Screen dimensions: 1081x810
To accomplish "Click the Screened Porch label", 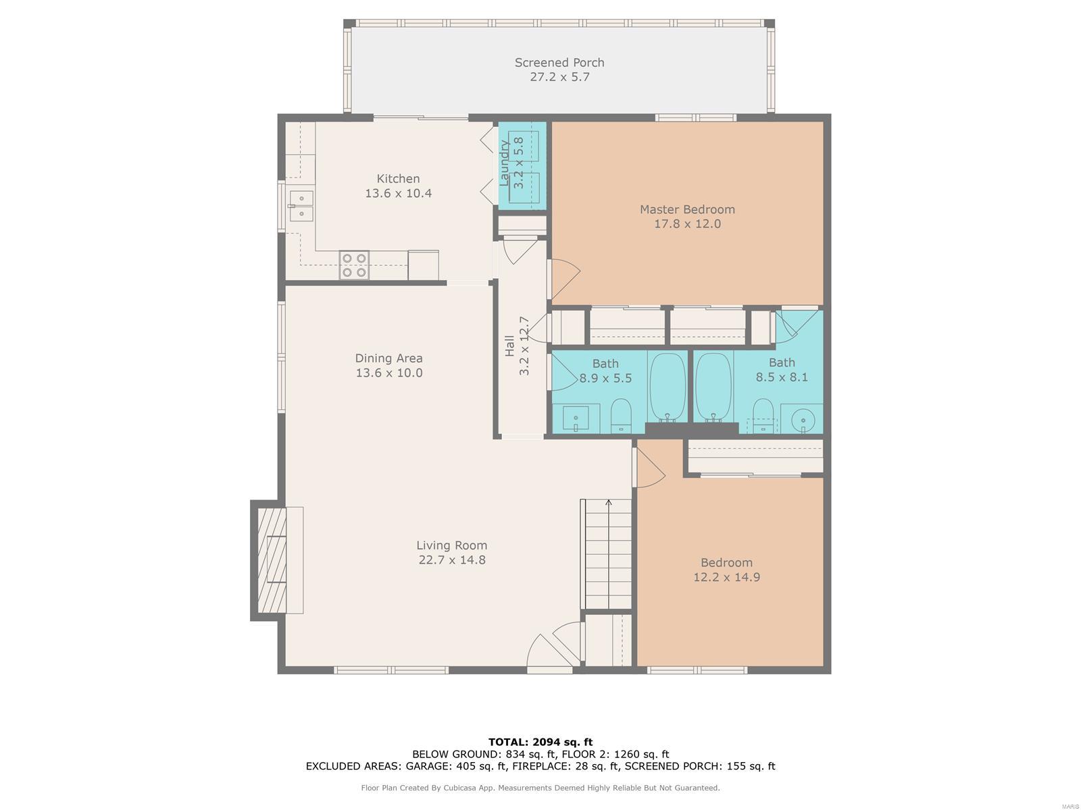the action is (559, 63).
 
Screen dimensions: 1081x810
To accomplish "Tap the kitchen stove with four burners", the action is (354, 265).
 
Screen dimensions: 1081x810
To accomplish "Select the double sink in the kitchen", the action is (301, 206).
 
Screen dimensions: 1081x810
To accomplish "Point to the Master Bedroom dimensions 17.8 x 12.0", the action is (687, 224).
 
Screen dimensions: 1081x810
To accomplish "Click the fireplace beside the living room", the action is (272, 560).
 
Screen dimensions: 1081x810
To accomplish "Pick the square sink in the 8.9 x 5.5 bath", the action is (576, 418).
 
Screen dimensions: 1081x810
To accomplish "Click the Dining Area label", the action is (388, 358).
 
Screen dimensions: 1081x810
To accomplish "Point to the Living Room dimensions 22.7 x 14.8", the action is (452, 560).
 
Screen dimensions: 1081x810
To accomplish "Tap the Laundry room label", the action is (503, 163).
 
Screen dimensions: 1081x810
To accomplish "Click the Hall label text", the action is (509, 346).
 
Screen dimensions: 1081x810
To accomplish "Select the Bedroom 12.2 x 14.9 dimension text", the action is (726, 577).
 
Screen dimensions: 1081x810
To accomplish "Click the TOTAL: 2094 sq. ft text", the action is (540, 742).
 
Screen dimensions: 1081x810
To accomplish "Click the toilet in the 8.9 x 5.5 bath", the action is (621, 416).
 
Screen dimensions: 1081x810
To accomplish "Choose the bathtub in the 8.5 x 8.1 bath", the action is (713, 387).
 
